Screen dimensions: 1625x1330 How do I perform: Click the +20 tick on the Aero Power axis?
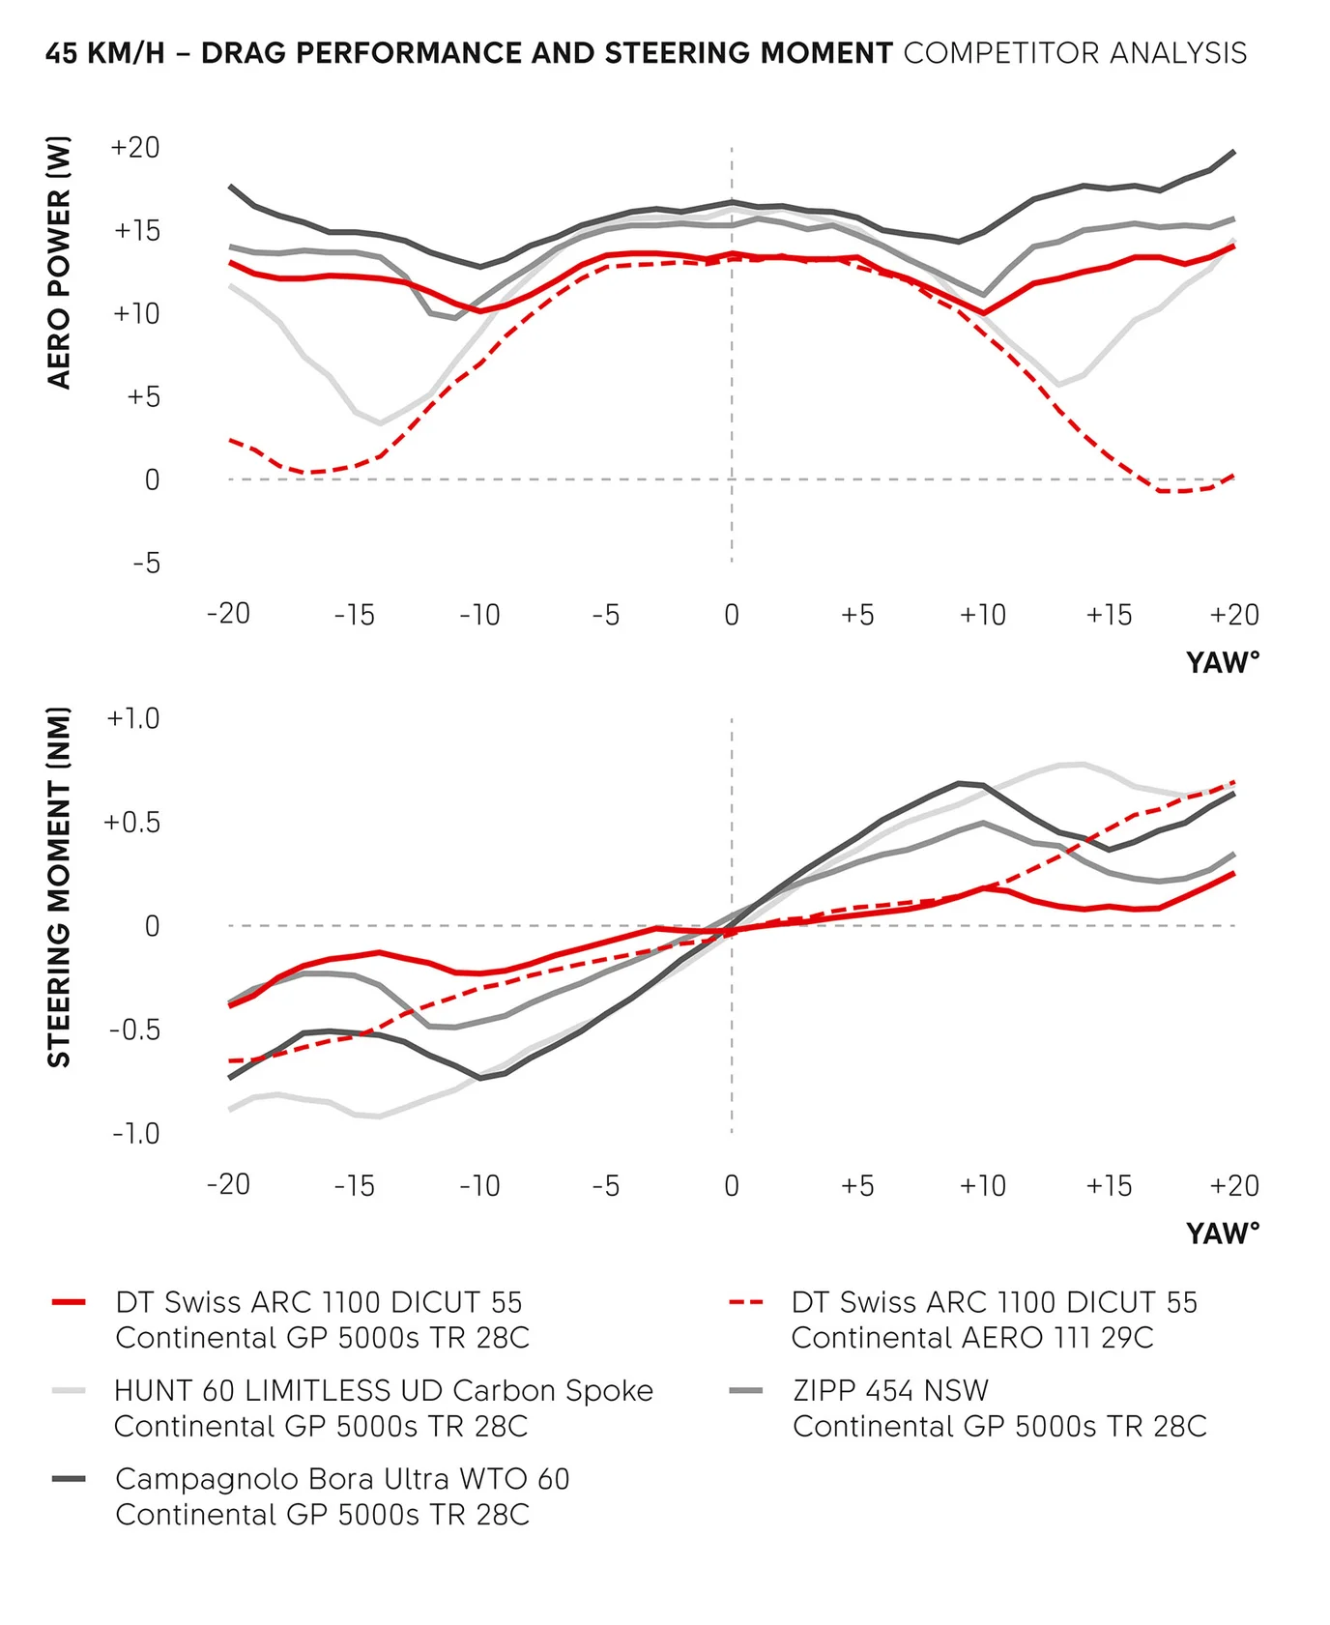pos(135,148)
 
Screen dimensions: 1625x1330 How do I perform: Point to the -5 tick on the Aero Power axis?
pos(146,563)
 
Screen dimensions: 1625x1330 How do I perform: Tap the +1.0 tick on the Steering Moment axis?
pos(133,718)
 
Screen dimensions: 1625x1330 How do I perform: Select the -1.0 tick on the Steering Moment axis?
pos(135,1133)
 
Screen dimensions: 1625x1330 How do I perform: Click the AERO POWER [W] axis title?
pos(59,262)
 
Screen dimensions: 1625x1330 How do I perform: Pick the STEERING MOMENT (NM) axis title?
pos(59,886)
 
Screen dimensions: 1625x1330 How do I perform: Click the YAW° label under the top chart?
pos(1223,663)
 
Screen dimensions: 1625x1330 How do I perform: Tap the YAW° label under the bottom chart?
pos(1223,1233)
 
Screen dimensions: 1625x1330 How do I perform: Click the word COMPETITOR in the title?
pos(1001,53)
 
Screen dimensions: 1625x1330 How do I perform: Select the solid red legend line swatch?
pos(70,1303)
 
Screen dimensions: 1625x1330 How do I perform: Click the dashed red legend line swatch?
pos(746,1303)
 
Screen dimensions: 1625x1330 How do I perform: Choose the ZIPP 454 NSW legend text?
pos(890,1391)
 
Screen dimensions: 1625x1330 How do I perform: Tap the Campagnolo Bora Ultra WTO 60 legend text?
pos(342,1479)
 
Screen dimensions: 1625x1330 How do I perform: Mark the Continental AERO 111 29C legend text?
pos(972,1338)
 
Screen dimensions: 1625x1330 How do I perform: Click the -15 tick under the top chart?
pos(354,615)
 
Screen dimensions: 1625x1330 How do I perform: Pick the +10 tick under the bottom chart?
pos(982,1185)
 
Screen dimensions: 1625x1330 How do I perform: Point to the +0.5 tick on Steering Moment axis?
pos(131,823)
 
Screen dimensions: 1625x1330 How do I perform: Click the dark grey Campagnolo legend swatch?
pos(70,1479)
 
